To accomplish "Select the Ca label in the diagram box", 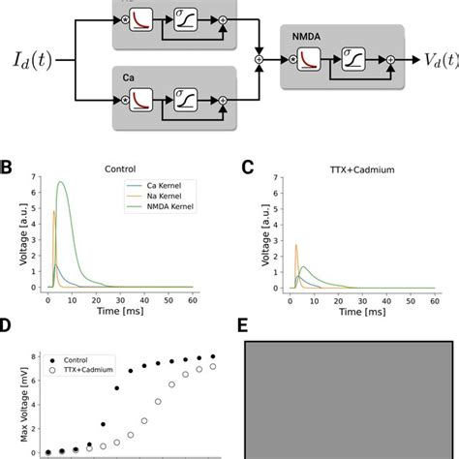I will pos(128,75).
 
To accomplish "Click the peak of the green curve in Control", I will pos(62,182).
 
